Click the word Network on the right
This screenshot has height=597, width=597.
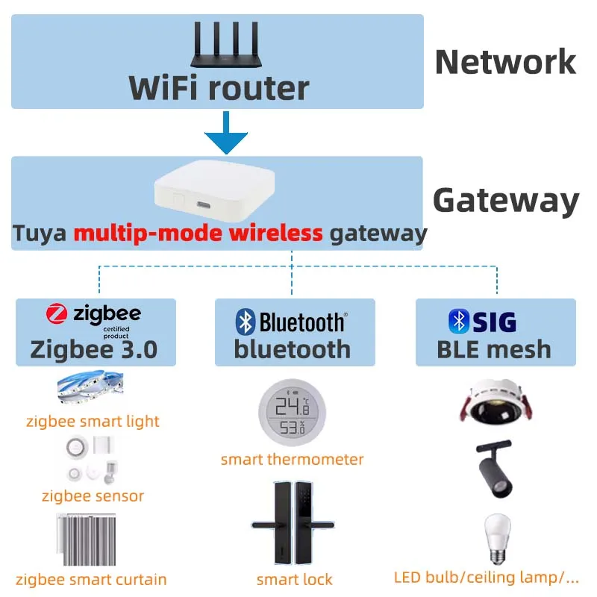coord(505,62)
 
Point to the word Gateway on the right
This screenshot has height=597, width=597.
coord(506,201)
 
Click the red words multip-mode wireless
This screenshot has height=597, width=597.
coord(198,234)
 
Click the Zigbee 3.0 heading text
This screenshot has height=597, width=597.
coord(94,349)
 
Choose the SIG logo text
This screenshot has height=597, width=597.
coord(493,322)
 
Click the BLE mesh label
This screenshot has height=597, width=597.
coord(494,349)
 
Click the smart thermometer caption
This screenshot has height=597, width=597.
coord(292,459)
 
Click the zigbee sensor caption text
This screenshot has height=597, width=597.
coord(93,496)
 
